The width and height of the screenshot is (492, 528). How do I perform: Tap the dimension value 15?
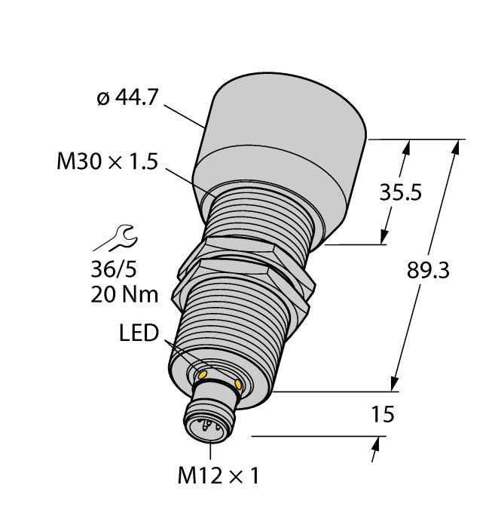tap(383, 414)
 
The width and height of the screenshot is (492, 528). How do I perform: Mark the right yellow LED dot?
tap(240, 385)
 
